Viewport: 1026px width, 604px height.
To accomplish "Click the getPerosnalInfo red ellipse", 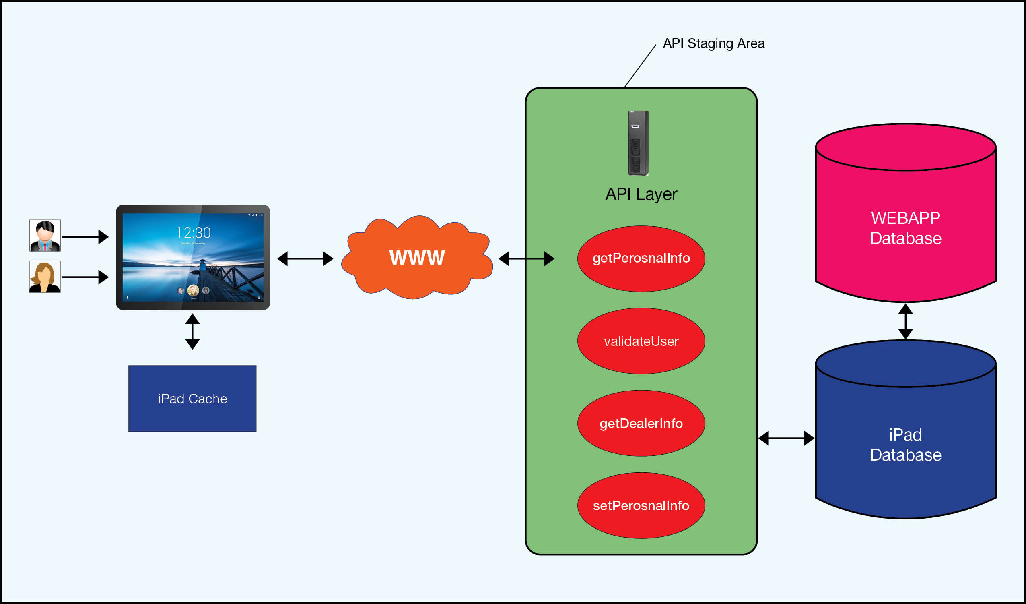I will point(641,259).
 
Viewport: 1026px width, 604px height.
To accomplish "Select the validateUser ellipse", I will point(641,341).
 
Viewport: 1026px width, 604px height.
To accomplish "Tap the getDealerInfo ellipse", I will point(641,424).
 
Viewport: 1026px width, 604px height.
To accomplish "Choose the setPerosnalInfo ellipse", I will point(641,506).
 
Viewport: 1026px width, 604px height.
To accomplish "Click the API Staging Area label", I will point(713,43).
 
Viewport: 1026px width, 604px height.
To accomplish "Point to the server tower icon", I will point(638,143).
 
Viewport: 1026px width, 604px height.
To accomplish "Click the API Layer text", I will point(641,194).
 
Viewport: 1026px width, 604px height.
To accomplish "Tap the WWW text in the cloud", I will point(417,258).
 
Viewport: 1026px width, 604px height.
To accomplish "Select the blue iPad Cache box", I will point(192,399).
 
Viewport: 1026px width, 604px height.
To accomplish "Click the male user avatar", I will point(45,236).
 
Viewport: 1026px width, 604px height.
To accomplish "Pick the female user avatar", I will point(45,277).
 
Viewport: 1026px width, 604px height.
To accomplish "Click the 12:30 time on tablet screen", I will point(193,233).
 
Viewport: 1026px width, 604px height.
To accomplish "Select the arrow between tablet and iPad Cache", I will point(192,332).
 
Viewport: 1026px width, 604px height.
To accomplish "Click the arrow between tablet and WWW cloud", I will point(305,259).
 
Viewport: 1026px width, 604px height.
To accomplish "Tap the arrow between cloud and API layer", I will point(526,259).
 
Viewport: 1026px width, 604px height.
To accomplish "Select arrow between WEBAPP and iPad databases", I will point(905,322).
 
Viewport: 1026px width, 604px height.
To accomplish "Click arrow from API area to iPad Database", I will point(786,439).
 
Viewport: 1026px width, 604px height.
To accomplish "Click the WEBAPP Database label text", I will point(905,228).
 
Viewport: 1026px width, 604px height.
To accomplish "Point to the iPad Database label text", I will point(905,445).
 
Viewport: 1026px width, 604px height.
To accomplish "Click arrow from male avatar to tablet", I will point(84,237).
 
